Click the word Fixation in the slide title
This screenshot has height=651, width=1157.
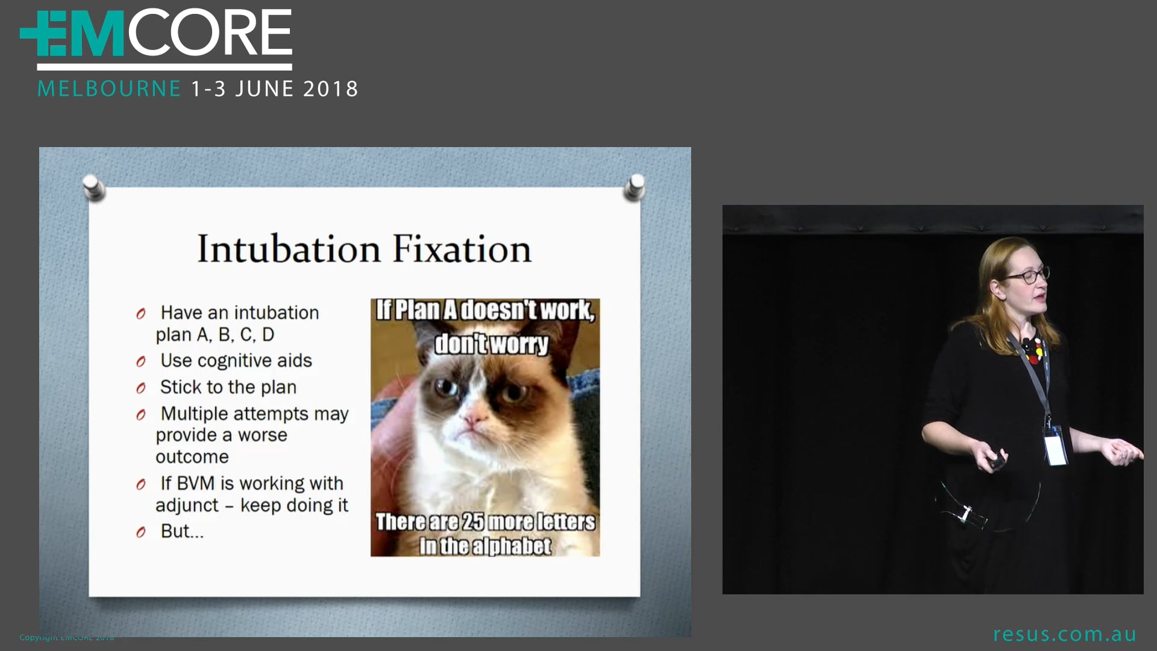(x=462, y=249)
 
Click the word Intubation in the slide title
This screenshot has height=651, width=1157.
(x=289, y=249)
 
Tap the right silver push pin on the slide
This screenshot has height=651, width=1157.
(x=635, y=186)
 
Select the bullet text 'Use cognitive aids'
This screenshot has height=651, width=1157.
(x=236, y=360)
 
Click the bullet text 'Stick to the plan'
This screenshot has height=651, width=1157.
(x=228, y=387)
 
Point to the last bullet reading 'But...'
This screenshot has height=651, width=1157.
(x=181, y=531)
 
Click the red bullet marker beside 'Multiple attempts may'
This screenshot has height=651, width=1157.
(x=141, y=415)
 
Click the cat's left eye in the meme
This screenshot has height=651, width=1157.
(x=447, y=386)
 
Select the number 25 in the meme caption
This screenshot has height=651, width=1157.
(x=472, y=522)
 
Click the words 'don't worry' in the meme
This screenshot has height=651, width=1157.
(x=491, y=344)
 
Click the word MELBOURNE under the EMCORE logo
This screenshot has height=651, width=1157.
(x=109, y=89)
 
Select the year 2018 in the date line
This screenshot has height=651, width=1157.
(x=330, y=89)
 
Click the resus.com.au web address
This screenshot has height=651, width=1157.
(x=1064, y=634)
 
